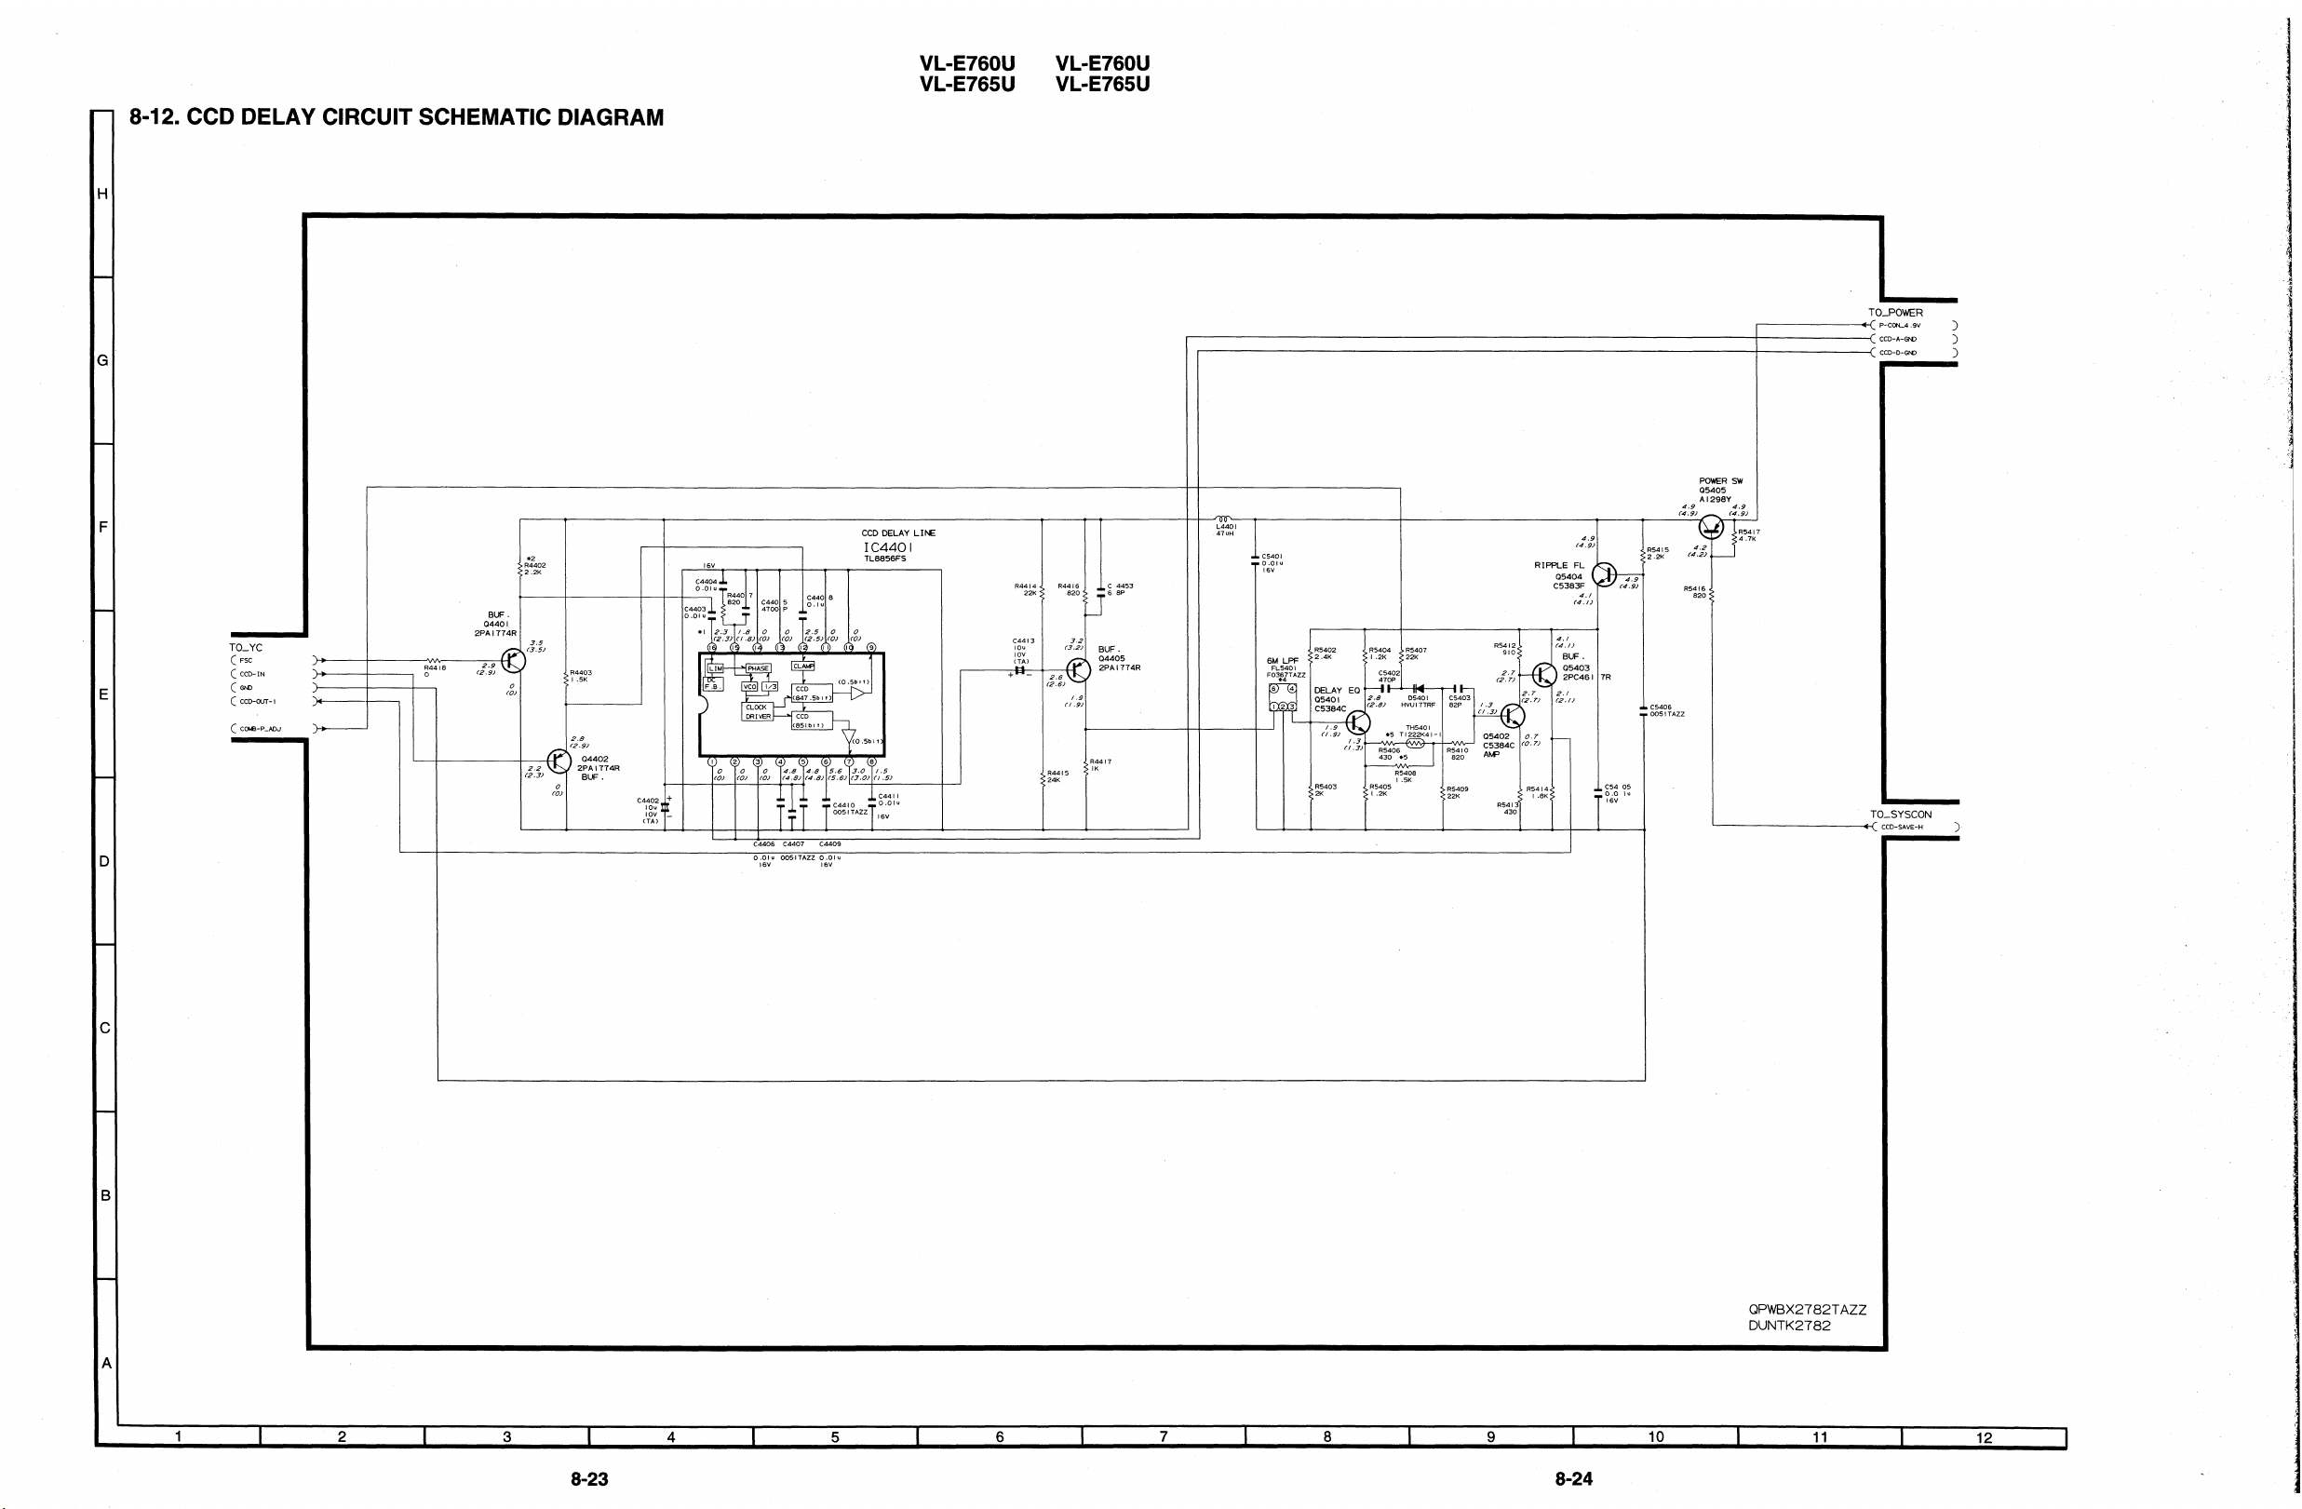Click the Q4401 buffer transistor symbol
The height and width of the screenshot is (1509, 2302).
[514, 661]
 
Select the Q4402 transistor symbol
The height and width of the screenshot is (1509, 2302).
[559, 761]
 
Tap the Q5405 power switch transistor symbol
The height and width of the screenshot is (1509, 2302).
[1711, 527]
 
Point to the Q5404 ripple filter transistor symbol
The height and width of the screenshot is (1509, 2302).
[1604, 574]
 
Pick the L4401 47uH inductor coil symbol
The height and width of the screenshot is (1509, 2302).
[1224, 519]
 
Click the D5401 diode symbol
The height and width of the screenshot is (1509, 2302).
[1418, 689]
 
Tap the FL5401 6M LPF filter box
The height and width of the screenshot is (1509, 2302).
[1283, 697]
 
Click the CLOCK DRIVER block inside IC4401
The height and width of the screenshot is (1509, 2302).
[758, 712]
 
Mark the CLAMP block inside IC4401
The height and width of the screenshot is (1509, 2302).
[803, 666]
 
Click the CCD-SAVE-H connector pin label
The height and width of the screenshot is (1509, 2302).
[1902, 827]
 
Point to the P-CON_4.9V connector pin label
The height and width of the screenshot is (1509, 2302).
[1900, 326]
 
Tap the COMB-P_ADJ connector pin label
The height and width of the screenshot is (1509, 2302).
[259, 729]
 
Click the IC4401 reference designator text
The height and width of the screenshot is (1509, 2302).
[887, 547]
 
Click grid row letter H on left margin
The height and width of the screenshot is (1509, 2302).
[102, 194]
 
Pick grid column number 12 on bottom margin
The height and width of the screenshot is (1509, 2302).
[1984, 1438]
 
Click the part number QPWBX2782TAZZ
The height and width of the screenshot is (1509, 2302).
[1807, 1310]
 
